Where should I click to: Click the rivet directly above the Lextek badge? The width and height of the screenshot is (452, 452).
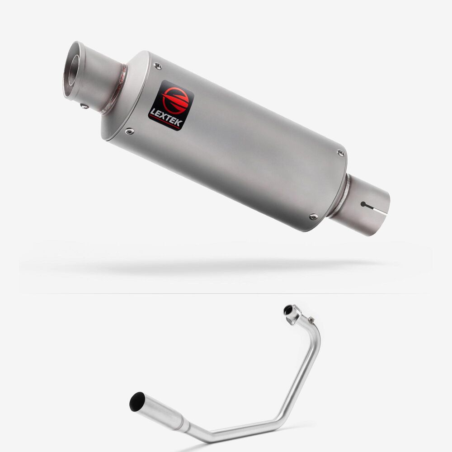tap(158, 66)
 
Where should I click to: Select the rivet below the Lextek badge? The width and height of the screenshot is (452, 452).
tap(129, 132)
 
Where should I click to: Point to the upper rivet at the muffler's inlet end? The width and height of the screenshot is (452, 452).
tap(341, 153)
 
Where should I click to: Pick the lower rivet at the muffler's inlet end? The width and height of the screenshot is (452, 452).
tap(313, 217)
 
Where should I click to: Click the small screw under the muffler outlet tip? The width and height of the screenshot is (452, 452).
tap(85, 106)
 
